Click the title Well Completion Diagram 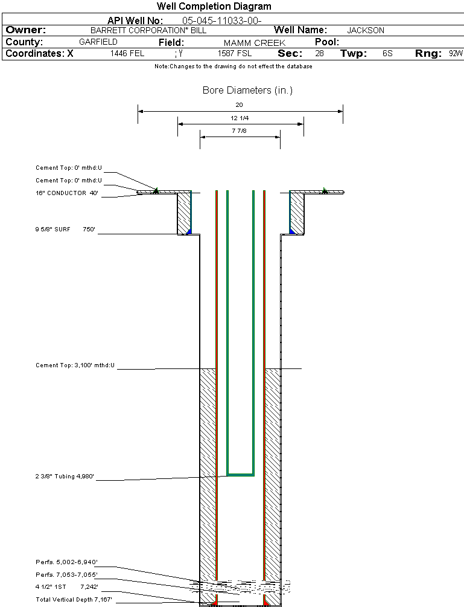coord(214,7)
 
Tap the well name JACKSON coord(366,30)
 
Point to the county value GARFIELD coord(98,42)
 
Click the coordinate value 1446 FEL coord(127,54)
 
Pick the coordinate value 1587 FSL coord(235,54)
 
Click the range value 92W coord(456,54)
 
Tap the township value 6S coord(387,54)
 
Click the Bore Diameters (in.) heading coord(247,91)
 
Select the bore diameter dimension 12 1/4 coord(240,118)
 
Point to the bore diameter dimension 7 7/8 coord(240,130)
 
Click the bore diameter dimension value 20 coord(240,104)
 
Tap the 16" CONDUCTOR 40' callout coord(66,193)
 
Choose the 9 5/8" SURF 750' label coord(66,230)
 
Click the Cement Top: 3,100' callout coord(75,365)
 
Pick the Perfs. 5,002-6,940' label coord(66,562)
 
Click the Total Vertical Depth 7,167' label coord(74,600)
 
